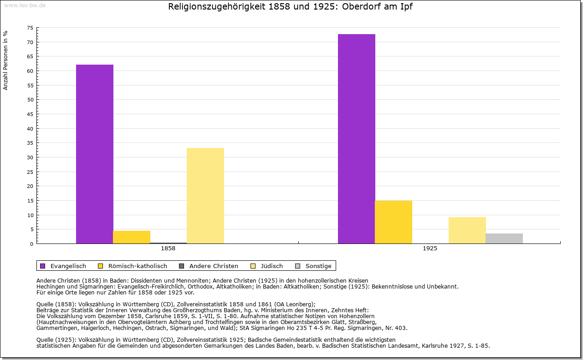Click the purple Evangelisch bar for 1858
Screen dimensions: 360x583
tap(95, 154)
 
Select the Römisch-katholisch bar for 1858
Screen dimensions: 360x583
tap(132, 237)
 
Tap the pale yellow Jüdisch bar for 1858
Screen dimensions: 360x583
tap(205, 196)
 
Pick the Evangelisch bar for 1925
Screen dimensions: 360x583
tap(357, 139)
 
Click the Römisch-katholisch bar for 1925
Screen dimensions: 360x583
tap(394, 222)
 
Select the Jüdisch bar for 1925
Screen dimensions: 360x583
tap(467, 230)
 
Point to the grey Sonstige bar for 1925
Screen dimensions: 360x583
tap(504, 238)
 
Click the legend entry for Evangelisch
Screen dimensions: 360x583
tap(63, 266)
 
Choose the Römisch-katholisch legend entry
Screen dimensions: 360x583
tap(133, 266)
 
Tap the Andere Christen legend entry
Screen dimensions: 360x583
tap(209, 266)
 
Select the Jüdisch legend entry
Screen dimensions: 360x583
tap(267, 266)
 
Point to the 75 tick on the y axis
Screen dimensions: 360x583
tap(30, 28)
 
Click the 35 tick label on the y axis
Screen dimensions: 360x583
tap(30, 143)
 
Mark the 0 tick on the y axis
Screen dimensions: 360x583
tap(31, 243)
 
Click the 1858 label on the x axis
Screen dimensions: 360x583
tap(168, 249)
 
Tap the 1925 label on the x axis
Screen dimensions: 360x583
tap(430, 249)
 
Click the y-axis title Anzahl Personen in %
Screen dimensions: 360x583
tap(5, 60)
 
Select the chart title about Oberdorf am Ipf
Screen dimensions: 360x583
tap(291, 7)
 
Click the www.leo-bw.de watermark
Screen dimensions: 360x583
tap(25, 5)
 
